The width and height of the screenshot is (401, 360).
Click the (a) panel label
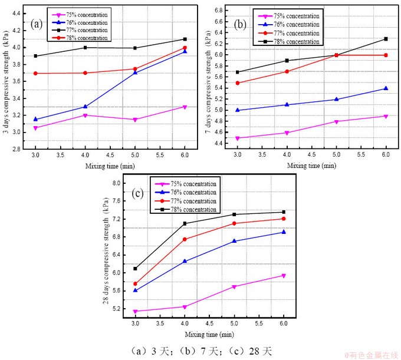click(x=37, y=24)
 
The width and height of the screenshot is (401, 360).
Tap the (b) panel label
click(x=240, y=25)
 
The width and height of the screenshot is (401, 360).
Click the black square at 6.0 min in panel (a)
click(x=185, y=39)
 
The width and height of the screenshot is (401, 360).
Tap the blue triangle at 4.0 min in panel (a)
click(x=85, y=107)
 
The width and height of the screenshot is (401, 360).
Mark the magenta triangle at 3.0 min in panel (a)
click(x=35, y=128)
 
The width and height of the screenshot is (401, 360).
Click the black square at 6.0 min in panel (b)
click(x=386, y=39)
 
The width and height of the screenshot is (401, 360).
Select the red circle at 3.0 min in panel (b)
click(x=237, y=83)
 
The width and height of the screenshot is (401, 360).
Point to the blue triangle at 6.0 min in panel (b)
click(x=386, y=88)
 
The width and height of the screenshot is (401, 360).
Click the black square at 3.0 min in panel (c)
click(x=135, y=269)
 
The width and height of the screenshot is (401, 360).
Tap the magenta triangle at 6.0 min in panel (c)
click(x=284, y=276)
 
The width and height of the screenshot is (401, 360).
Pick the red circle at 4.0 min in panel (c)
click(x=185, y=239)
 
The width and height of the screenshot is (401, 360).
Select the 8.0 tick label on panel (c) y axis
click(x=116, y=183)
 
